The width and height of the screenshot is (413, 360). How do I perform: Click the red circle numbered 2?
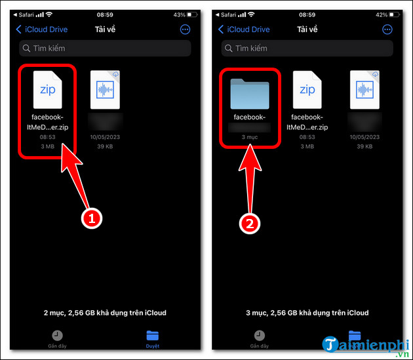coord(248,224)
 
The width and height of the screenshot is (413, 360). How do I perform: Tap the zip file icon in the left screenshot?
coord(48,90)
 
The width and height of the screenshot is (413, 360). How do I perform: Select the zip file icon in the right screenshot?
coord(307,90)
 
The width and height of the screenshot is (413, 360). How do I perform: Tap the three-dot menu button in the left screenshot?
coord(185,30)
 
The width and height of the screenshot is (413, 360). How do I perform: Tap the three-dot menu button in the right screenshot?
coord(387,30)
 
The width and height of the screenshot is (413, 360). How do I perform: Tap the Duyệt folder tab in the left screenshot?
coord(153,337)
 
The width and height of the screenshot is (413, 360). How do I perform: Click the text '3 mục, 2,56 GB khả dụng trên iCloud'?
coord(307,313)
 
